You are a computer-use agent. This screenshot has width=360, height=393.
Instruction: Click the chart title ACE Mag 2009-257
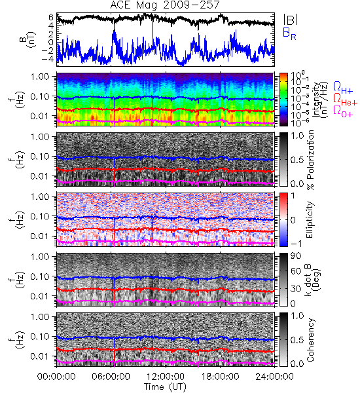point(164,5)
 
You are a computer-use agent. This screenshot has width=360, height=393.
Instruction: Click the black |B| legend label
point(291,20)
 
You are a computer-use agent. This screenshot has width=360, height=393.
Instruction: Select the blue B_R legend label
point(289,33)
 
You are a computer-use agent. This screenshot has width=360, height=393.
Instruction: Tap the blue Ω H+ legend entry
point(343,88)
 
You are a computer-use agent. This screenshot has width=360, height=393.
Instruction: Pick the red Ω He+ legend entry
point(345,100)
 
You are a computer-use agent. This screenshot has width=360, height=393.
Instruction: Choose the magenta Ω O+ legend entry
point(343,111)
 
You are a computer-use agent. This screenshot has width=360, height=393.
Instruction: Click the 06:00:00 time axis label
point(111,377)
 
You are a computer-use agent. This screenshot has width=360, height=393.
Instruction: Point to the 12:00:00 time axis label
point(166,377)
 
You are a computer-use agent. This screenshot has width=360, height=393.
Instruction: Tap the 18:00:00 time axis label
point(220,377)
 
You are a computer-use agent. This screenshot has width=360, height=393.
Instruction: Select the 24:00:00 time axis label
point(274,377)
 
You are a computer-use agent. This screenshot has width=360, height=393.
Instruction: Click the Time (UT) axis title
point(166,386)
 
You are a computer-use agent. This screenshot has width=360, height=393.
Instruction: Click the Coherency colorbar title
point(310,340)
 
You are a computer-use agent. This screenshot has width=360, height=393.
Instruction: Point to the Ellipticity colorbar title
point(310,219)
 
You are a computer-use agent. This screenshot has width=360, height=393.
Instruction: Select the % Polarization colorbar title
point(310,160)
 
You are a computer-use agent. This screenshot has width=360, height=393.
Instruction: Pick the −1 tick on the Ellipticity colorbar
point(296,244)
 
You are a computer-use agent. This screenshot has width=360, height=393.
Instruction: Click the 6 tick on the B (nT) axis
point(51,17)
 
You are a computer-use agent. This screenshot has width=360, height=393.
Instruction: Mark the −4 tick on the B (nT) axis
point(47,60)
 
